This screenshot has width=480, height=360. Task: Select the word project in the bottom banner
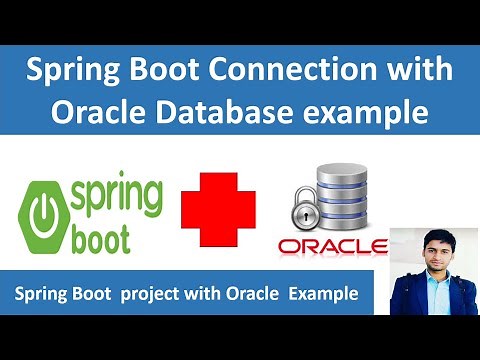149,296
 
